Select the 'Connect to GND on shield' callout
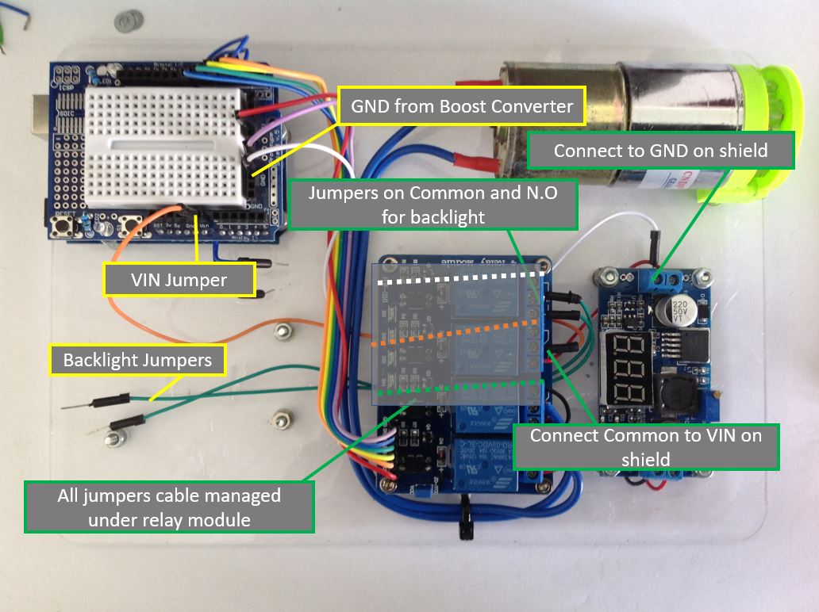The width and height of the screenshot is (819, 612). pyautogui.click(x=660, y=150)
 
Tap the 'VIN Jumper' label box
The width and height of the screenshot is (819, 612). pyautogui.click(x=179, y=280)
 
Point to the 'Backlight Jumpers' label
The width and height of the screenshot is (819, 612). pyautogui.click(x=137, y=360)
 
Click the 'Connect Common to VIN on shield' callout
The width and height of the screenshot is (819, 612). pyautogui.click(x=645, y=447)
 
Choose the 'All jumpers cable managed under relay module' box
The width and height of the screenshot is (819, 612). pyautogui.click(x=169, y=507)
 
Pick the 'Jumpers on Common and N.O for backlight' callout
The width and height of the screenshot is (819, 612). pyautogui.click(x=433, y=205)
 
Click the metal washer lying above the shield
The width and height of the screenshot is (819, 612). pyautogui.click(x=125, y=21)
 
